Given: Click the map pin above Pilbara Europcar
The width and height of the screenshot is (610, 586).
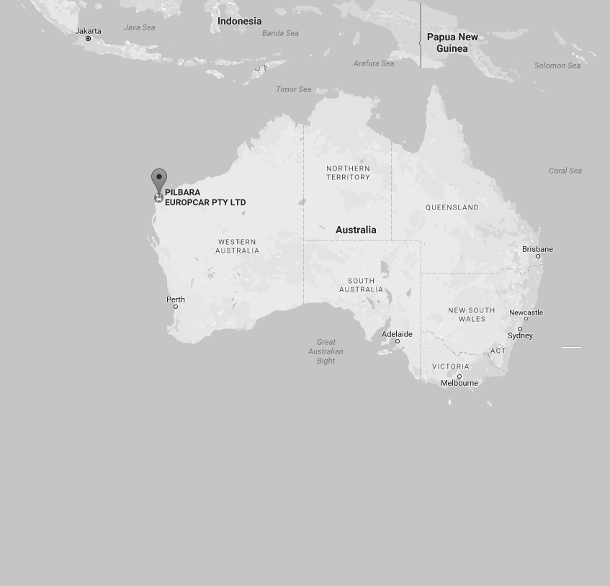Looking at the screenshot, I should pyautogui.click(x=159, y=179).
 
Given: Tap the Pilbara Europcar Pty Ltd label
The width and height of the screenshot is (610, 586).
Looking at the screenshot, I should pyautogui.click(x=205, y=197).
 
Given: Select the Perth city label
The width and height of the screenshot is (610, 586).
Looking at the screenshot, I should pyautogui.click(x=176, y=299).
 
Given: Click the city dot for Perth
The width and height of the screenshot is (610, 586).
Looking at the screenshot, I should pyautogui.click(x=176, y=307).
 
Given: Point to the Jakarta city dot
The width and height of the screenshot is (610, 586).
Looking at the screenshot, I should pyautogui.click(x=89, y=38).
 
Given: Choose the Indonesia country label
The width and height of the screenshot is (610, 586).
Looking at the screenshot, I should pyautogui.click(x=240, y=21).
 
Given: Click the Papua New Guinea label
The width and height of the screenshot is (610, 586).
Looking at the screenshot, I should pyautogui.click(x=452, y=42).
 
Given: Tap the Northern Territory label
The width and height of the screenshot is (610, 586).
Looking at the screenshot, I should pyautogui.click(x=348, y=173).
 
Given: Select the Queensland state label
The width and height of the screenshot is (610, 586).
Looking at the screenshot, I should pyautogui.click(x=452, y=207).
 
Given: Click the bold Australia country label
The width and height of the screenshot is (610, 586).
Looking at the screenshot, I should pyautogui.click(x=356, y=230).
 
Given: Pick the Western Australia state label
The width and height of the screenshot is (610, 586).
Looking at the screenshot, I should pyautogui.click(x=237, y=246).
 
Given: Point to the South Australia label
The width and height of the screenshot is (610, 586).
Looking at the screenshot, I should pyautogui.click(x=361, y=285).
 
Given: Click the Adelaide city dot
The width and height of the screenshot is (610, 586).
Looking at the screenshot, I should pyautogui.click(x=397, y=341).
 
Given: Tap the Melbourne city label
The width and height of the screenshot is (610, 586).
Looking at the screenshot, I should pyautogui.click(x=459, y=383).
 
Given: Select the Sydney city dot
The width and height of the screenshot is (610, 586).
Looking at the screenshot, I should pyautogui.click(x=520, y=329).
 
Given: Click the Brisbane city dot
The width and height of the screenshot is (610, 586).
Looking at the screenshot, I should pyautogui.click(x=537, y=256).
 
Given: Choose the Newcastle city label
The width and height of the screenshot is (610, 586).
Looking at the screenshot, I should pyautogui.click(x=526, y=312).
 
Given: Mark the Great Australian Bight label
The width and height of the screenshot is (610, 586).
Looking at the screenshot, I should pyautogui.click(x=326, y=351).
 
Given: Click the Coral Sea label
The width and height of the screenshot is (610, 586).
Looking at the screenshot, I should pyautogui.click(x=565, y=171).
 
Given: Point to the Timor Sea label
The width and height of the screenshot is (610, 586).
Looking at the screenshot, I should pyautogui.click(x=294, y=89).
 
